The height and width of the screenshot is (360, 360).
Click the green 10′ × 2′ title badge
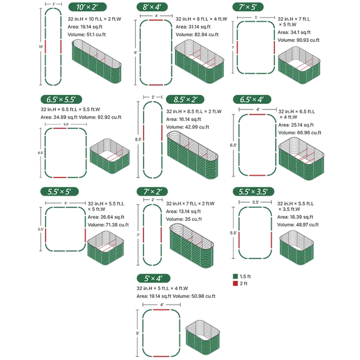(88, 7)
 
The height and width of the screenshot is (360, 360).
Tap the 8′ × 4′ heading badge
(152, 7)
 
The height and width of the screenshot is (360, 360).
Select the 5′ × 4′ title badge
(153, 279)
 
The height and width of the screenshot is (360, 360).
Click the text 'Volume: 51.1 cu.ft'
(86, 35)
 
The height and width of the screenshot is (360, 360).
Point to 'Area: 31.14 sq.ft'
(193, 27)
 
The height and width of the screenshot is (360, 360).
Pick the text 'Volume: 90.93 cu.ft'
(299, 40)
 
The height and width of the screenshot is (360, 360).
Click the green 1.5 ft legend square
(235, 276)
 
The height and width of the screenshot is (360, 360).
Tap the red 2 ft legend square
(235, 283)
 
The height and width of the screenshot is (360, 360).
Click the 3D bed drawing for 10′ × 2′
(97, 61)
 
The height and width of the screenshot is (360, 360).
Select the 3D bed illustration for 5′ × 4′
(202, 337)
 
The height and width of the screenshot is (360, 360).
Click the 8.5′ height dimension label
(138, 139)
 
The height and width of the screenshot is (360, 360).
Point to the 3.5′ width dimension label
(255, 202)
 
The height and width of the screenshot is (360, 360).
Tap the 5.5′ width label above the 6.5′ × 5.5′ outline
(66, 124)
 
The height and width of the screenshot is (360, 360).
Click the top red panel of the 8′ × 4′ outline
(156, 20)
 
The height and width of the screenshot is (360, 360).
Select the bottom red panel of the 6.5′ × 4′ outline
(257, 175)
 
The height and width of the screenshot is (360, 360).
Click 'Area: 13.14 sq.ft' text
(184, 211)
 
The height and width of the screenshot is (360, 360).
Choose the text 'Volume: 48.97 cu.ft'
(298, 224)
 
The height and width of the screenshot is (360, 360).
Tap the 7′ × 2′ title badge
(152, 192)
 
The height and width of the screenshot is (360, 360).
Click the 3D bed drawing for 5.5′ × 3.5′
(297, 247)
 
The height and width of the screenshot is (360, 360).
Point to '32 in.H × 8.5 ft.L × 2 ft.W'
(194, 111)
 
